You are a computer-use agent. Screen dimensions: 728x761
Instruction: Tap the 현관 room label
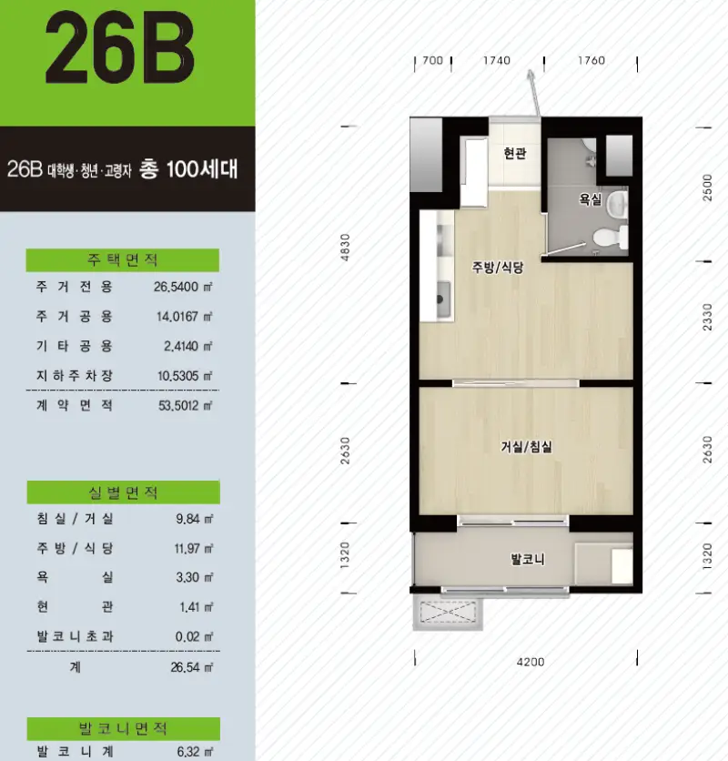[515, 153]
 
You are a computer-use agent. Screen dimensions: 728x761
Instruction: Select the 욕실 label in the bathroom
[591, 199]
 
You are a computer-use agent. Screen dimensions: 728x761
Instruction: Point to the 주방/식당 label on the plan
[498, 267]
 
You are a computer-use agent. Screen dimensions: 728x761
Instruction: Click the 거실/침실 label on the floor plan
[527, 447]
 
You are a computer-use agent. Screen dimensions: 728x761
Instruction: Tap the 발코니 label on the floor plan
[528, 559]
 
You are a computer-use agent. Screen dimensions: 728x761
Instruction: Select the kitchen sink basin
[443, 299]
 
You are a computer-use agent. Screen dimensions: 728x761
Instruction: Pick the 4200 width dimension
[531, 662]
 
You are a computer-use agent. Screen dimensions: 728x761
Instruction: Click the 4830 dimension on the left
[345, 248]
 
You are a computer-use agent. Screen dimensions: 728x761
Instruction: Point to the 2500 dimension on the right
[708, 188]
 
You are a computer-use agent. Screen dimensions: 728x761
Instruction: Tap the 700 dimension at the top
[433, 60]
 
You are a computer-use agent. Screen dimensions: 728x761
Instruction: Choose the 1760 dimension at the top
[591, 60]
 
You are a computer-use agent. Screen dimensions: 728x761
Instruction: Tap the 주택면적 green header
[122, 260]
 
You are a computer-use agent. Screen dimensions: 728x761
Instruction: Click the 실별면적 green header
[123, 492]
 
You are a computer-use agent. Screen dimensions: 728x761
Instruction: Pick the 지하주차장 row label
[75, 376]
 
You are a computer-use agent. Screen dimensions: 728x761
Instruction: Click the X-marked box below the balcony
[448, 613]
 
